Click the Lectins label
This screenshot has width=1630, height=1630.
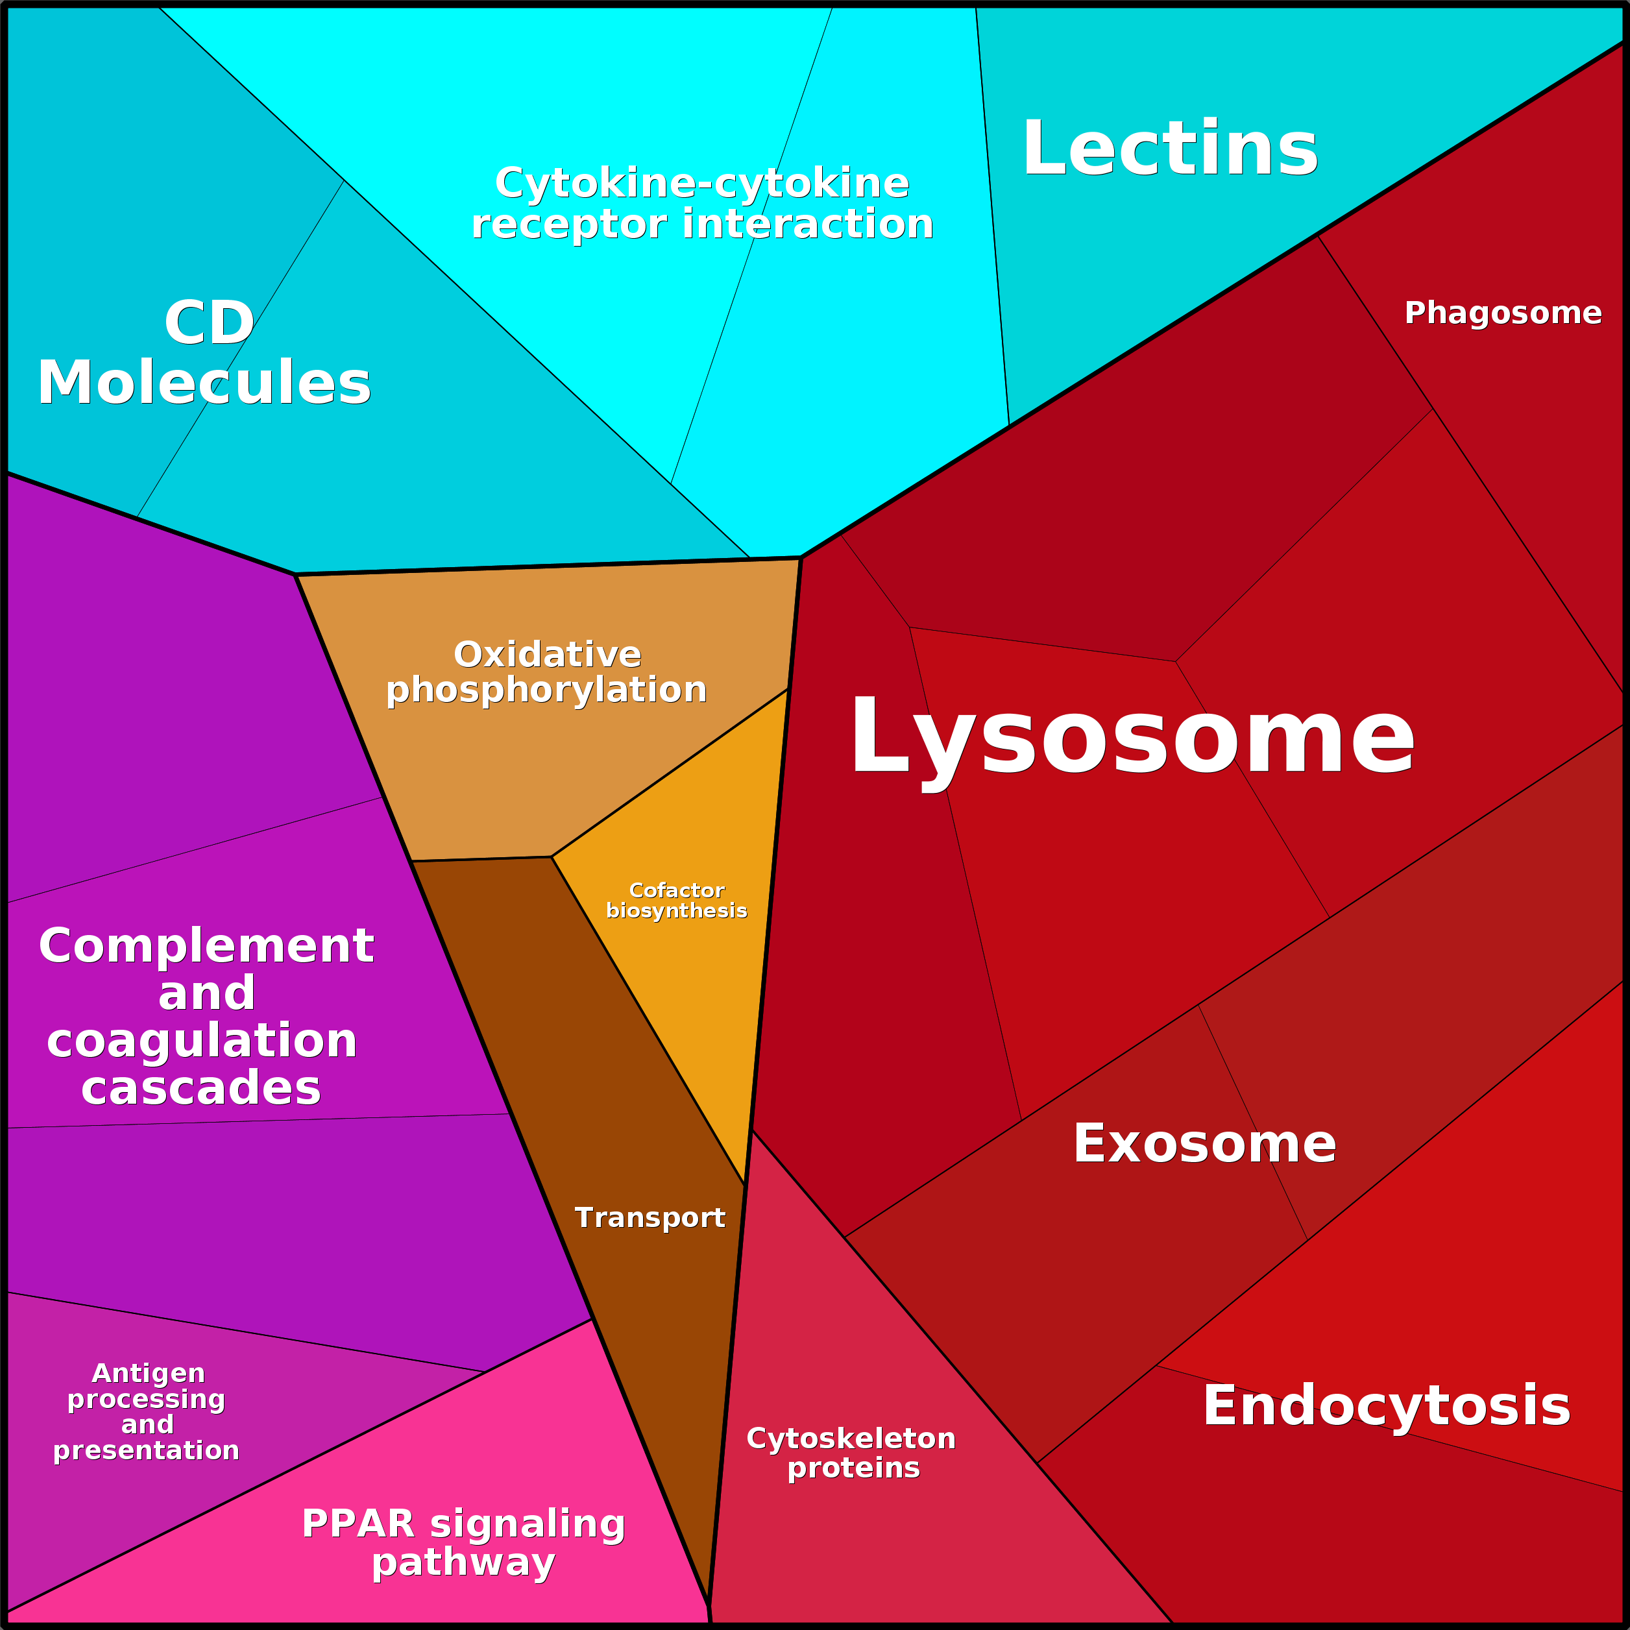[x=1169, y=149]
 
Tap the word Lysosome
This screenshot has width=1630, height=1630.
[x=1133, y=736]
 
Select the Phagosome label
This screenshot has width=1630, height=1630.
[x=1503, y=313]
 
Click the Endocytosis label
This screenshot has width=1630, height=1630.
[x=1386, y=1405]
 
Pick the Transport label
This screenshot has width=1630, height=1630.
[x=650, y=1217]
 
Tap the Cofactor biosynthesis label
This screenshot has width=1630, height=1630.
[x=677, y=900]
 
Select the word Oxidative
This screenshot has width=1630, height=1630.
[x=548, y=655]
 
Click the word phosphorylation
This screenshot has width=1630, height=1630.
[x=547, y=690]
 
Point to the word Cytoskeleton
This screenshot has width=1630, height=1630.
[x=851, y=1439]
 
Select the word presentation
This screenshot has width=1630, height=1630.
[x=146, y=1450]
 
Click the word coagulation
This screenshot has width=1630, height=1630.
[x=202, y=1040]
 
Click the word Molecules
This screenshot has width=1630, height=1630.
[x=204, y=383]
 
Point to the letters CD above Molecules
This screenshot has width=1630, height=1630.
[x=209, y=322]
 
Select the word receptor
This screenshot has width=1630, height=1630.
[x=570, y=225]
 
